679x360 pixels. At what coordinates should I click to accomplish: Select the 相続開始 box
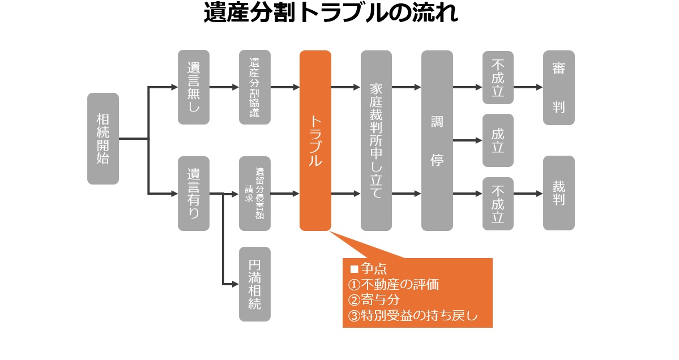[x=103, y=139]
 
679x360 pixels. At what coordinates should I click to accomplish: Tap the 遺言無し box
[x=194, y=87]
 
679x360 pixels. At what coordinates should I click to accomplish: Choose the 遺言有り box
[x=194, y=194]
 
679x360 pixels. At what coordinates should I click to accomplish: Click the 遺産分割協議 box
[x=255, y=87]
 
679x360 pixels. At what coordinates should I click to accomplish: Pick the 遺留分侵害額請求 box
[x=255, y=194]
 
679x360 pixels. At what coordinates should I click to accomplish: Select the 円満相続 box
[x=255, y=284]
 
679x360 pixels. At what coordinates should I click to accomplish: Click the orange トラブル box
[x=315, y=140]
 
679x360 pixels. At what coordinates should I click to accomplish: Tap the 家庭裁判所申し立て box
[x=376, y=140]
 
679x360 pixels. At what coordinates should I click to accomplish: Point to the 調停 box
[x=437, y=140]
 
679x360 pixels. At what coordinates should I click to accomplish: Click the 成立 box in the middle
[x=498, y=140]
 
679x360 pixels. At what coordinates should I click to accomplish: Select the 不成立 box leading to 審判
[x=498, y=78]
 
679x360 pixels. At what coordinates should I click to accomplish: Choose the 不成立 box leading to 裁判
[x=498, y=203]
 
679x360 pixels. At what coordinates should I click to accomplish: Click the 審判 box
[x=559, y=87]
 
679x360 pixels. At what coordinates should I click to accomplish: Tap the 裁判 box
[x=559, y=193]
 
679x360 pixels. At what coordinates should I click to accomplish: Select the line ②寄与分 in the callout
[x=374, y=300]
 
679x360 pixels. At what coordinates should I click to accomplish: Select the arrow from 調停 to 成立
[x=467, y=140]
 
